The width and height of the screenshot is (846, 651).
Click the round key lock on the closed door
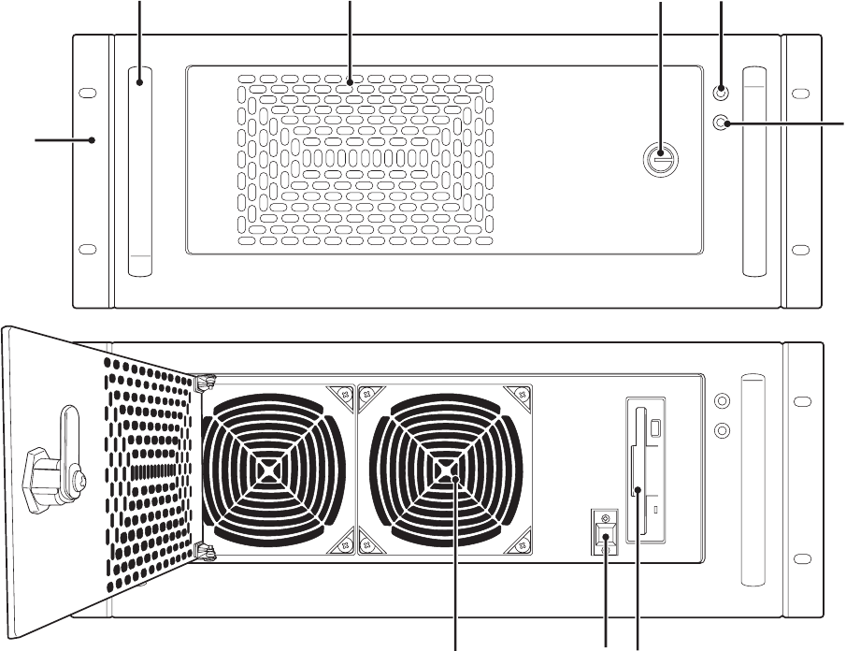[660, 161]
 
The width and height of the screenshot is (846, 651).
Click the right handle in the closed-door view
[754, 171]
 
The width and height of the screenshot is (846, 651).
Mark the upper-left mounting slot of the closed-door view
[87, 94]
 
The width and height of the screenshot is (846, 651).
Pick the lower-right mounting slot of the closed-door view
[800, 250]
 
